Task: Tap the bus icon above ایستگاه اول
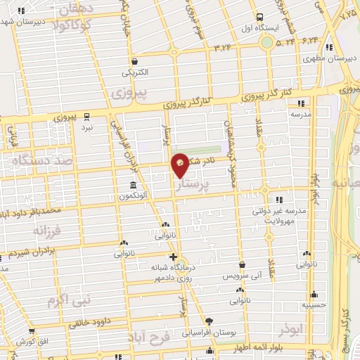260,17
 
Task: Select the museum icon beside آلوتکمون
132,186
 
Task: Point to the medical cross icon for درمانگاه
174,257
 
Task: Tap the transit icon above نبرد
86,116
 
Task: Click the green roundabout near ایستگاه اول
267,42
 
